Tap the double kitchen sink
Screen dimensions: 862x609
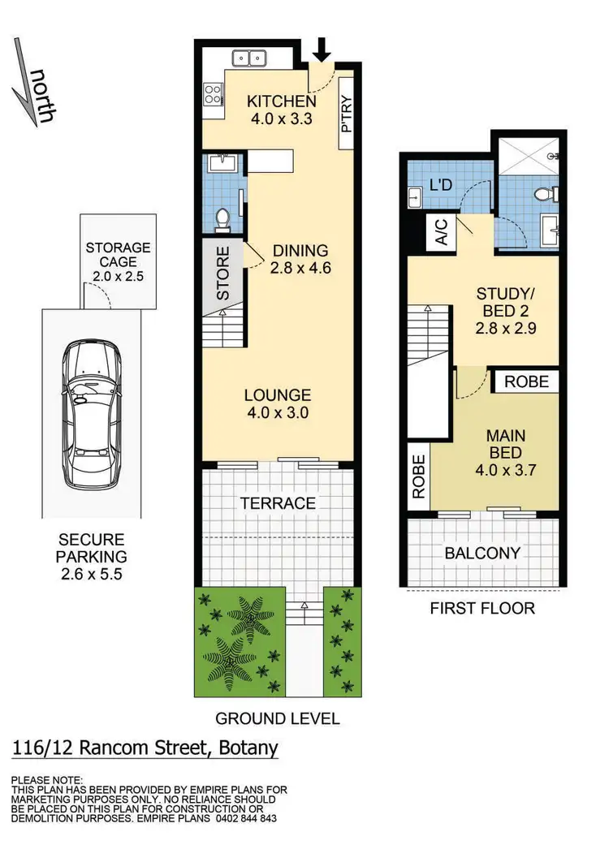[x=251, y=58]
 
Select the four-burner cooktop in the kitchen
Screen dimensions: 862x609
[x=213, y=95]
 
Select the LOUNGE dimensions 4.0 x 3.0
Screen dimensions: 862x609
[x=277, y=412]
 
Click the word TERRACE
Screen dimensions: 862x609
[x=277, y=504]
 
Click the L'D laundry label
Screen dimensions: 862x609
[x=440, y=184]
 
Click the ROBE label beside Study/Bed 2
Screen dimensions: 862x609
[x=526, y=381]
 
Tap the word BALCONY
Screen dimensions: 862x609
[x=482, y=554]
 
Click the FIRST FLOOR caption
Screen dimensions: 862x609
[x=482, y=608]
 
